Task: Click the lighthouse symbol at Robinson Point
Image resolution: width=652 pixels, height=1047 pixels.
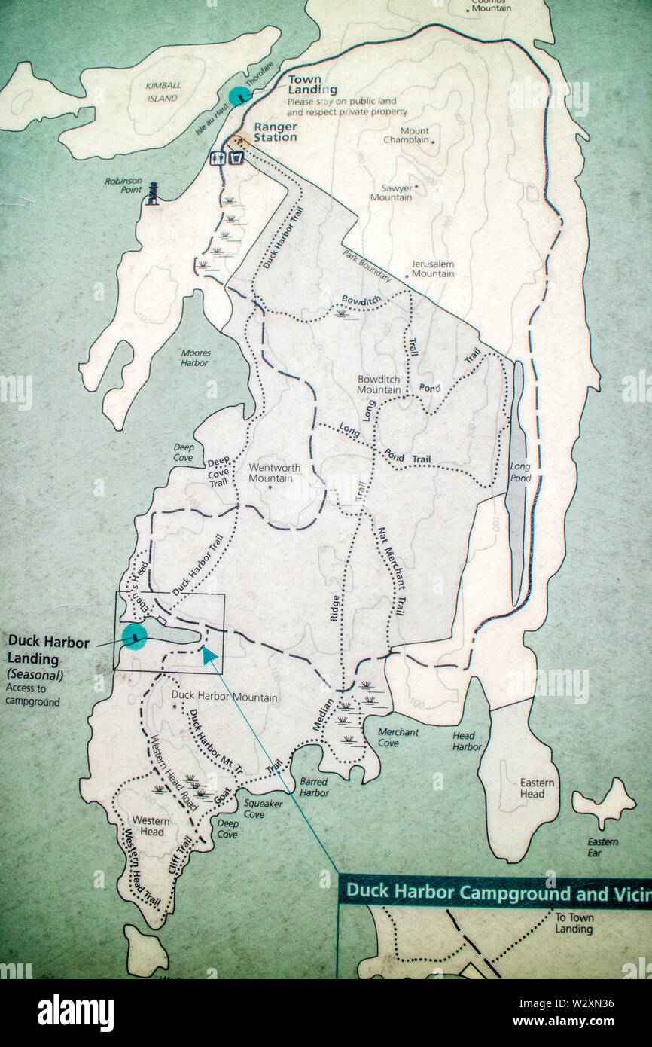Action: tap(153, 194)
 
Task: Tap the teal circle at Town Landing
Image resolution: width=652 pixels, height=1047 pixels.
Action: tap(239, 96)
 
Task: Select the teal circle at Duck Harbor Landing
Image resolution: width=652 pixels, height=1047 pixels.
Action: tap(134, 636)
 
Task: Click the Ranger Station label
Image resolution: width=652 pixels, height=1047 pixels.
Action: tap(275, 132)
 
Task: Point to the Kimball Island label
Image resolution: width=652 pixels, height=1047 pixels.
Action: tap(163, 92)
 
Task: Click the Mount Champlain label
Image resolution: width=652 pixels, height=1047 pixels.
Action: tap(407, 135)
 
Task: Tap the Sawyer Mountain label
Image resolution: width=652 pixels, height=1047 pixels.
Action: tap(391, 193)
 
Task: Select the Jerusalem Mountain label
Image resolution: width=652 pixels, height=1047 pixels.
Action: tap(432, 269)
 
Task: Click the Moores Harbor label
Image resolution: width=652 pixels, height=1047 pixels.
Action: tap(195, 358)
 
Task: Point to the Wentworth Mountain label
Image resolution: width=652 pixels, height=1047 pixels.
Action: tap(274, 472)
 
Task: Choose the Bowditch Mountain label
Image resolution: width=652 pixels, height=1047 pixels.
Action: tap(379, 384)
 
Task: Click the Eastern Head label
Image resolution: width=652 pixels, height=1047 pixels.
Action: tap(537, 788)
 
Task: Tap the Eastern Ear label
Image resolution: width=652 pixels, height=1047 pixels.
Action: tap(602, 847)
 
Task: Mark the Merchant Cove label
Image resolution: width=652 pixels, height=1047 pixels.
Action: tap(398, 737)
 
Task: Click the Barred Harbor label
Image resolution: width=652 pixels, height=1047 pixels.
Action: tap(313, 787)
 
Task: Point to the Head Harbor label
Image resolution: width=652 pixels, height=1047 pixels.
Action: tap(467, 741)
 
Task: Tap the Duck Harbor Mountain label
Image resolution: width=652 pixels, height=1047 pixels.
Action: tap(224, 697)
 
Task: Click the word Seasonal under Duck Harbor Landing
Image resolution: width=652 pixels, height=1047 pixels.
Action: tap(35, 675)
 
